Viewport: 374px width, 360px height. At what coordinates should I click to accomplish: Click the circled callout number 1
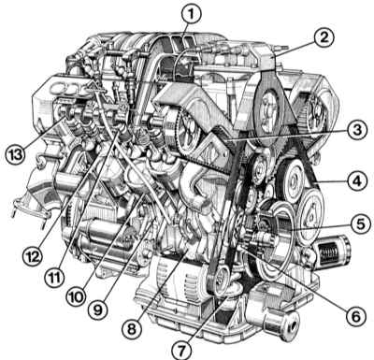coord(192,14)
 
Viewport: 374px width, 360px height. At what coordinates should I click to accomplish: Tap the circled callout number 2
coord(324,37)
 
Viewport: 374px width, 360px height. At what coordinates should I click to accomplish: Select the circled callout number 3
coord(355,130)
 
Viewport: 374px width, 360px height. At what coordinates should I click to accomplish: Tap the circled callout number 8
coord(133,328)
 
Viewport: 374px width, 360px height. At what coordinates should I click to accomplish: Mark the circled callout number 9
coord(97,309)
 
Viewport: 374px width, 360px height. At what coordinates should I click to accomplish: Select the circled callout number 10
coord(76,297)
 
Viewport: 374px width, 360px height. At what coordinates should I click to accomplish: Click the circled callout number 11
coord(54,278)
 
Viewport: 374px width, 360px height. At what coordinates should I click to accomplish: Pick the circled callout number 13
coord(16,154)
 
